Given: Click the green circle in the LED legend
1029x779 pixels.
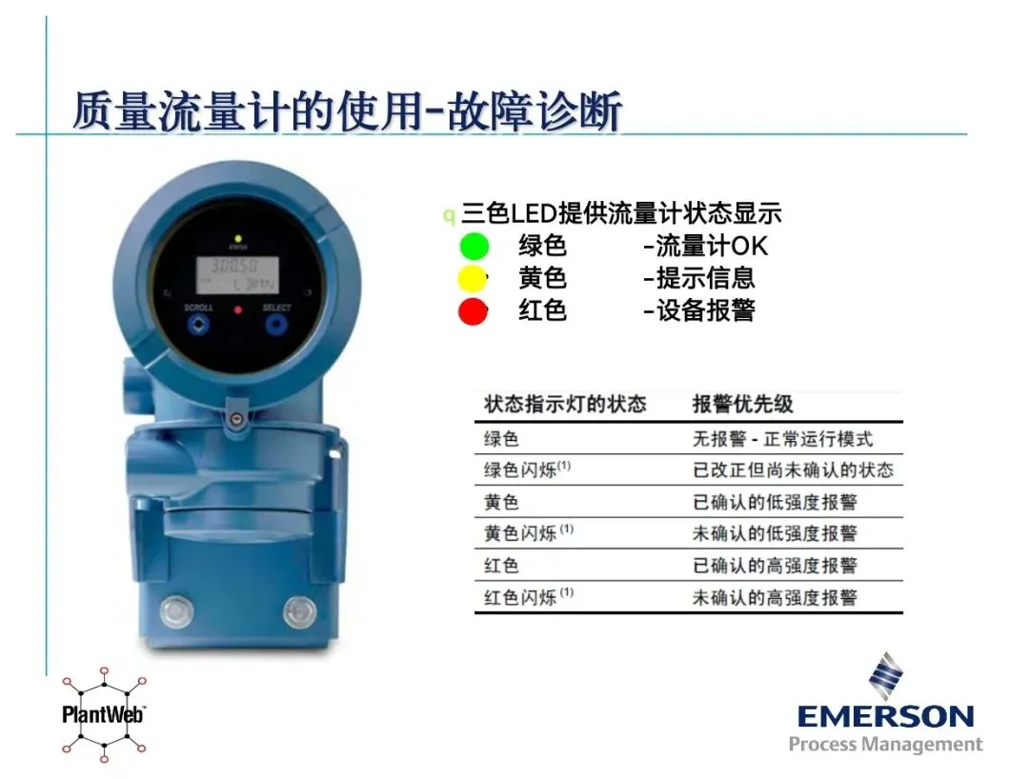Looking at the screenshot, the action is [474, 247].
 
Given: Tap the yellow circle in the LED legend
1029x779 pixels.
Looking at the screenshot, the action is [472, 278].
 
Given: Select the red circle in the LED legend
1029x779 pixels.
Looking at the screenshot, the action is [473, 310].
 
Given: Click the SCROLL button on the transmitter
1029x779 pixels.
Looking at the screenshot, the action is [198, 324].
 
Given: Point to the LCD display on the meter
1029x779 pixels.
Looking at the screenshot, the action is [237, 275].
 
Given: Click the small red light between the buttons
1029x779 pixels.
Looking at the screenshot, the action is [238, 310].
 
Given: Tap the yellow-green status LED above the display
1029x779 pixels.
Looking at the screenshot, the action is [238, 239].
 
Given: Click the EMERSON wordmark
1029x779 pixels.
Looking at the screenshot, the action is [885, 716].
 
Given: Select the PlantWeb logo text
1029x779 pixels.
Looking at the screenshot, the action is [104, 714].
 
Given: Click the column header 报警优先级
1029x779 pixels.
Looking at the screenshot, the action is [742, 404].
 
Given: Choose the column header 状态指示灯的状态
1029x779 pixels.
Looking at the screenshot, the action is [565, 404].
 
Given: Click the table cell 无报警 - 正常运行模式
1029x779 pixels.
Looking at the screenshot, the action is [782, 439].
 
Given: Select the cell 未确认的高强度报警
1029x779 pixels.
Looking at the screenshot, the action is [775, 597].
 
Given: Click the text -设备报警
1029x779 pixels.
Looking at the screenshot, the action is [699, 310].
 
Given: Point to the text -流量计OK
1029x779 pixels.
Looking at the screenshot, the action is [705, 246].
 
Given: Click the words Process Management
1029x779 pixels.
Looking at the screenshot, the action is [885, 745].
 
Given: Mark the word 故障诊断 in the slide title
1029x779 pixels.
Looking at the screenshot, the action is [535, 110].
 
